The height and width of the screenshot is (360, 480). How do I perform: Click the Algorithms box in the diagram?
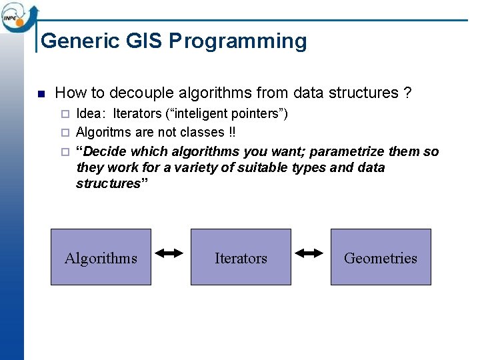click(x=101, y=257)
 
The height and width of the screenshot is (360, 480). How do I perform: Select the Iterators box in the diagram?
click(x=241, y=257)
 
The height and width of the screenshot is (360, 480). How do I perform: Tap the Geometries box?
click(x=381, y=257)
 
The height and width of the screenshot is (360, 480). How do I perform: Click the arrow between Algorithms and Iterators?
click(x=170, y=253)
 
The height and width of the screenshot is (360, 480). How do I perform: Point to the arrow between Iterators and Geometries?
click(x=310, y=253)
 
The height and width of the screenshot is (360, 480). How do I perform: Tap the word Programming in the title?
click(x=238, y=41)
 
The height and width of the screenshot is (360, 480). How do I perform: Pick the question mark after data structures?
click(x=407, y=93)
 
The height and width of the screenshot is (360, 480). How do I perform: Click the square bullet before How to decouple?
click(x=41, y=93)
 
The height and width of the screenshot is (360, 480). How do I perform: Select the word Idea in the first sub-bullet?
click(x=89, y=114)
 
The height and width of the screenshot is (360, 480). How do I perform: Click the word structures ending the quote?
click(x=107, y=183)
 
